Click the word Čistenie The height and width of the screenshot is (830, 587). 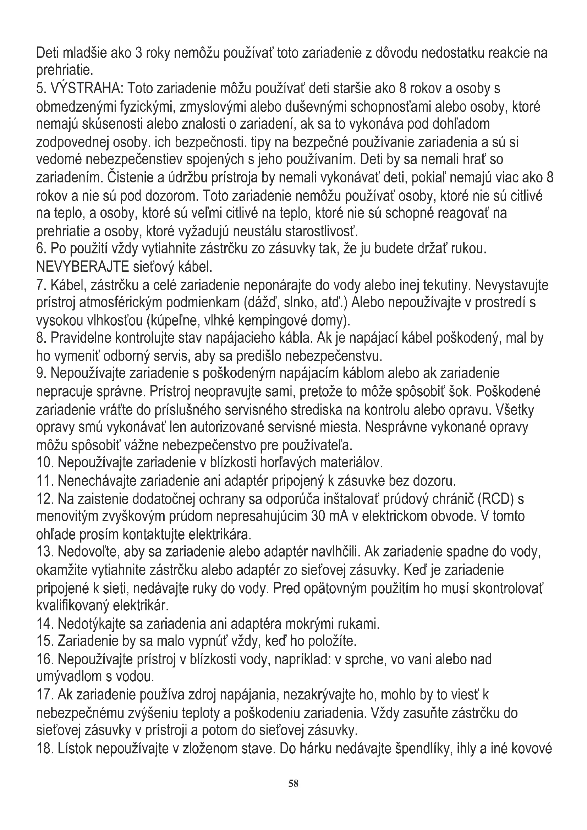pyautogui.click(x=129, y=178)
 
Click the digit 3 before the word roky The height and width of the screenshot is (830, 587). pyautogui.click(x=138, y=54)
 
